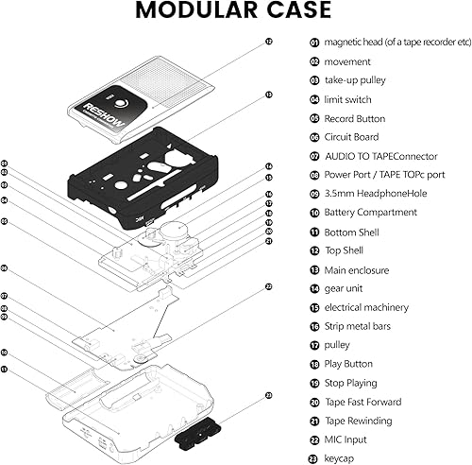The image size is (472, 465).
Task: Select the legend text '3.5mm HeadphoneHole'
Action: point(371,194)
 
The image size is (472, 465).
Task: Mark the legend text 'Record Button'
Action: point(354,118)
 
